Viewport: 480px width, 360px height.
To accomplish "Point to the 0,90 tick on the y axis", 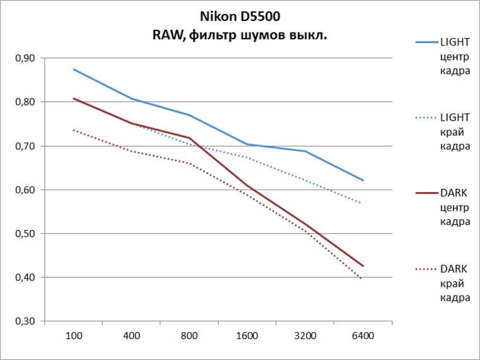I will [25, 58].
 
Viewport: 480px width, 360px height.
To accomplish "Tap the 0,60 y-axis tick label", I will [25, 189].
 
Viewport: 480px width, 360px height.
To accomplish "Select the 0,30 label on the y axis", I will [25, 321].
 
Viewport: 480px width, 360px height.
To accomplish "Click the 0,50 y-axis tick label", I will [25, 234].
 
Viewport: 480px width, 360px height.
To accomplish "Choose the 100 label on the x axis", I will [74, 335].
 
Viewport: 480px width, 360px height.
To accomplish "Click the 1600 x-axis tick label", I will [247, 335].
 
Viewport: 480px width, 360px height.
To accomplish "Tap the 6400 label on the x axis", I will [363, 335].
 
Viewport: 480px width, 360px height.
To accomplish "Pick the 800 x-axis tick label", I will [189, 335].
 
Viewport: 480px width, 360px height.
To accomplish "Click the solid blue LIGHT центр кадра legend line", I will [428, 42].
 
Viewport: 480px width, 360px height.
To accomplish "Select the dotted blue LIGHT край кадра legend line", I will [428, 117].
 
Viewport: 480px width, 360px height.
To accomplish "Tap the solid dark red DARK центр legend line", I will [428, 193].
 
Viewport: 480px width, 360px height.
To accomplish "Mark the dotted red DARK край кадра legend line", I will [428, 268].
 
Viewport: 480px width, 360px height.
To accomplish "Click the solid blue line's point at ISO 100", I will [74, 69].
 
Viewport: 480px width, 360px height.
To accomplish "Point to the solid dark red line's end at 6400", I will [363, 266].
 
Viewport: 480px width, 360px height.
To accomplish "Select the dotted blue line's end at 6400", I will [362, 203].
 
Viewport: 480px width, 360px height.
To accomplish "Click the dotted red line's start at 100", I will [74, 130].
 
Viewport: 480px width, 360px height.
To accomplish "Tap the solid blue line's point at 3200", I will [305, 151].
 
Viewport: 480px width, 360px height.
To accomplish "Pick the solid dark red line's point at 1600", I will [247, 185].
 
